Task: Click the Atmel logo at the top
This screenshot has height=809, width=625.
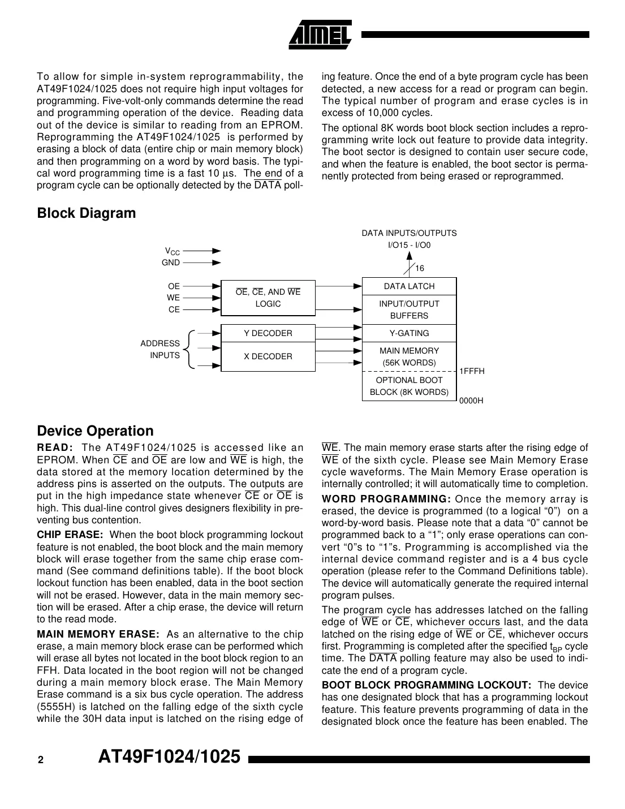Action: tap(321, 35)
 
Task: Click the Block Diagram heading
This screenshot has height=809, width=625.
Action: tap(87, 213)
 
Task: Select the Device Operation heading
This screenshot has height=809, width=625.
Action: tap(95, 431)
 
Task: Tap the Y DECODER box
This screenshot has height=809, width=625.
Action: tap(268, 333)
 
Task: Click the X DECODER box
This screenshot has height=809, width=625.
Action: tap(268, 356)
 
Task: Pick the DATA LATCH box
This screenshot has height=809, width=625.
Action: tap(409, 286)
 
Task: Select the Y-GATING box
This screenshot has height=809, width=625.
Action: tap(409, 333)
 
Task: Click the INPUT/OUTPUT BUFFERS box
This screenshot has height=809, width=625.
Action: tap(409, 309)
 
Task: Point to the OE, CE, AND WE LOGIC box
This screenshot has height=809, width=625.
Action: tap(268, 298)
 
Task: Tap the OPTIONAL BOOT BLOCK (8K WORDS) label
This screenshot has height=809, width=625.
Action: tap(409, 386)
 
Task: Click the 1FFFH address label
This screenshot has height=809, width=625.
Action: tap(472, 371)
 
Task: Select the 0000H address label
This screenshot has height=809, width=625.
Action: tap(471, 401)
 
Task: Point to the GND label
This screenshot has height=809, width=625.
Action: tap(171, 263)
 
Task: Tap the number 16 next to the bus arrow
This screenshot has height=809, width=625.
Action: tap(420, 269)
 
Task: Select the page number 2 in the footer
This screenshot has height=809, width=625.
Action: tap(40, 760)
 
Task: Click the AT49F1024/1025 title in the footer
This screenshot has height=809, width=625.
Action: tap(169, 757)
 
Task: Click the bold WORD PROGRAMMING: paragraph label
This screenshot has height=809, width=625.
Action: tap(386, 499)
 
